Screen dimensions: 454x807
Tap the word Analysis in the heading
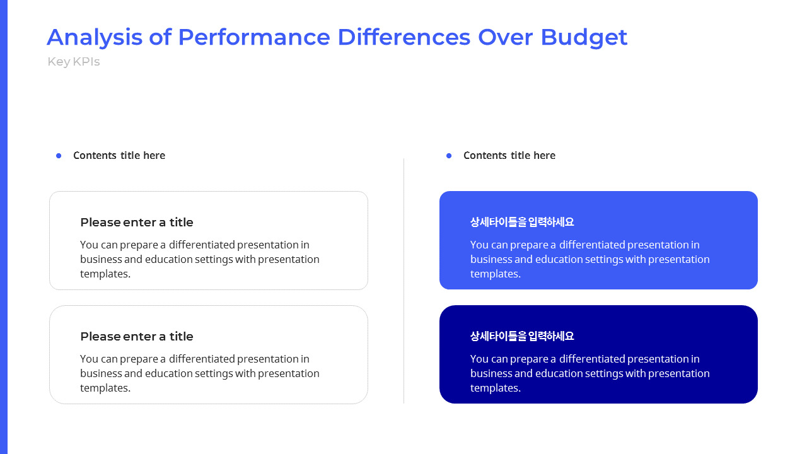tap(95, 37)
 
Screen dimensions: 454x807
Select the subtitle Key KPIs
tap(74, 62)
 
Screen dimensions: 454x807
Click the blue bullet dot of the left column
tap(59, 156)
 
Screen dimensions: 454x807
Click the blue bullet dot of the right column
tap(449, 156)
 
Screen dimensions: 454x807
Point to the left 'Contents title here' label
tap(119, 156)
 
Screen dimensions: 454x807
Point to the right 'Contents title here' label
tap(509, 156)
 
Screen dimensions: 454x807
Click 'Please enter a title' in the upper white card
tap(137, 223)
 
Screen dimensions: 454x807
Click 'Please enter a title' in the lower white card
tap(137, 337)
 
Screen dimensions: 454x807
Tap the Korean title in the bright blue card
tap(522, 223)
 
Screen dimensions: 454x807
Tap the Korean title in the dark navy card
tap(522, 337)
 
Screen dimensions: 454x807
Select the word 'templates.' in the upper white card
tap(105, 274)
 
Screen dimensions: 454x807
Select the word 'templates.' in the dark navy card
tap(496, 388)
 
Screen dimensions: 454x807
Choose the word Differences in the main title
tap(404, 37)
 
